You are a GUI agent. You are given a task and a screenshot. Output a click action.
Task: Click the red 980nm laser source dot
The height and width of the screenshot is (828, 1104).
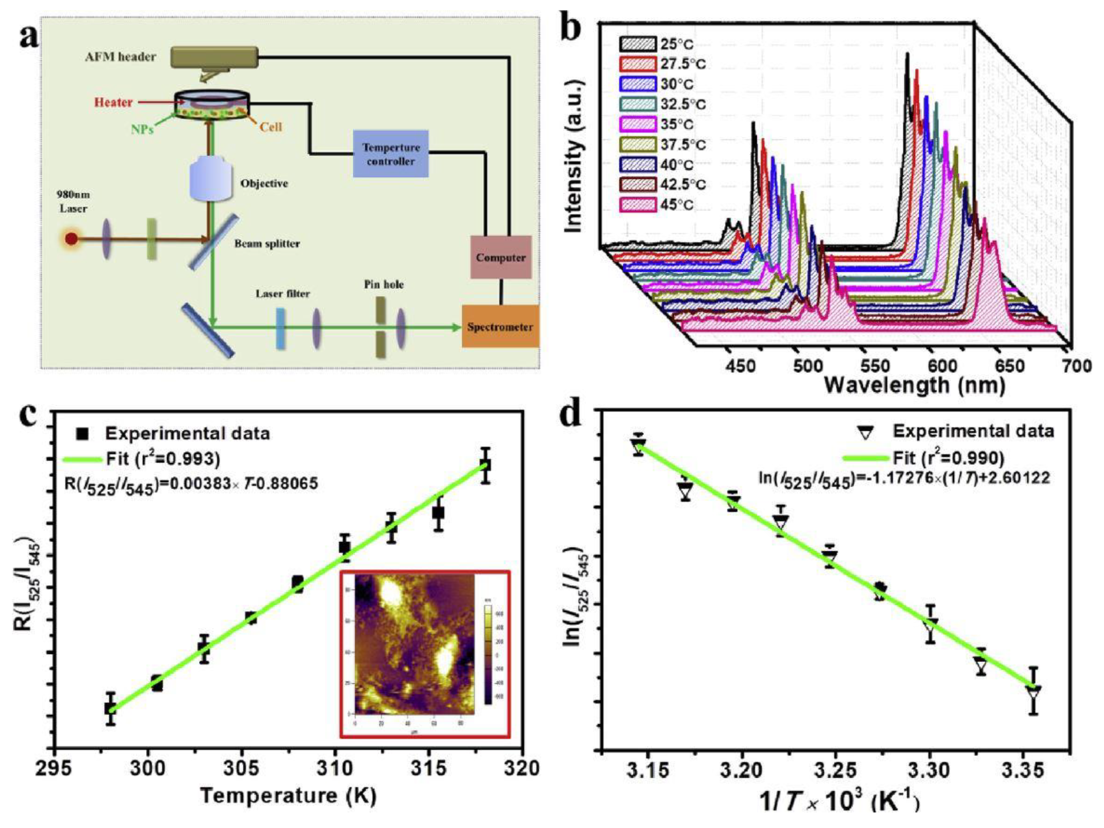[x=71, y=239]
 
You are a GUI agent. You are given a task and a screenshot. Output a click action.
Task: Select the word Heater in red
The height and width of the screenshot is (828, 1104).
[x=114, y=102]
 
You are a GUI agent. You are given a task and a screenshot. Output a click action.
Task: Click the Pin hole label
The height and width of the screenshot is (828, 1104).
[x=383, y=284]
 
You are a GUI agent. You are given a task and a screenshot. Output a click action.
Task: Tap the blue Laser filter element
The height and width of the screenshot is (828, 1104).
[x=280, y=328]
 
